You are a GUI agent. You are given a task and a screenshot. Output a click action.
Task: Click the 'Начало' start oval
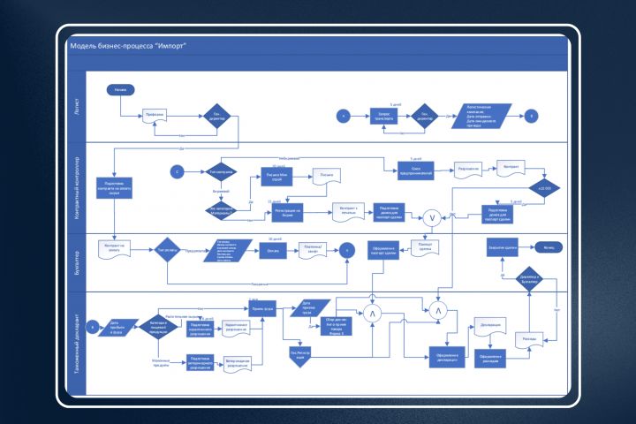[x=120, y=90]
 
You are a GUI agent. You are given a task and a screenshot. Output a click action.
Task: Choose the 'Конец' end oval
[x=549, y=249]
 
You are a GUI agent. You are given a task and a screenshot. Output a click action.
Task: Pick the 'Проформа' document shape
[x=155, y=116]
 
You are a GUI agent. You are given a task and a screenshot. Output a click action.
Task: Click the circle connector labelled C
[x=177, y=170]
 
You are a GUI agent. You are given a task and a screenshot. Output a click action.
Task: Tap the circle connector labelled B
[x=530, y=116]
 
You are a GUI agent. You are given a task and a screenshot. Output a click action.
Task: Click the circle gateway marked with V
[x=432, y=217]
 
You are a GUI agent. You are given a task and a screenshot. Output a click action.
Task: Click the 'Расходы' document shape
[x=529, y=338]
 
